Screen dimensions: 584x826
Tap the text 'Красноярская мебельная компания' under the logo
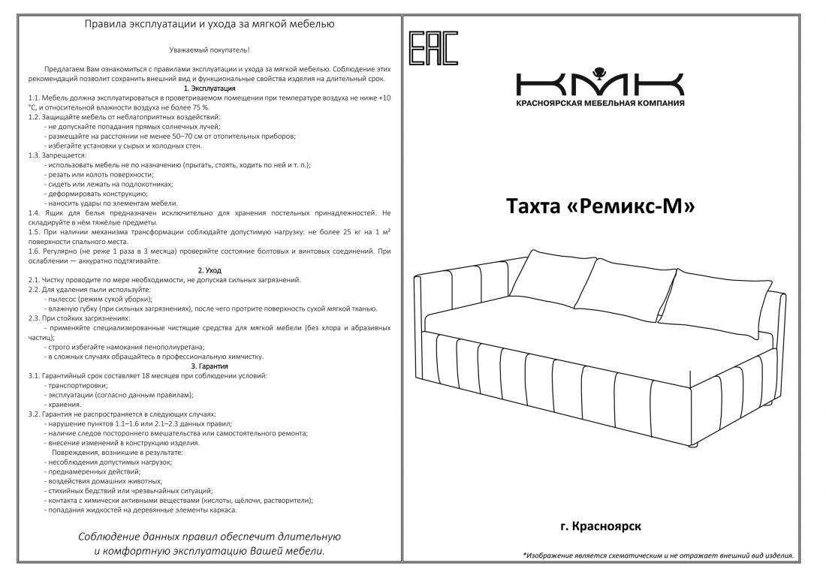(x=600, y=103)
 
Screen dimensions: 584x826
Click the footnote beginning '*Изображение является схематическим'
(x=658, y=555)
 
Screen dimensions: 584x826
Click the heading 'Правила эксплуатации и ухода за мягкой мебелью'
(x=210, y=24)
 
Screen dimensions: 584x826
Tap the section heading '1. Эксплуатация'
(x=210, y=88)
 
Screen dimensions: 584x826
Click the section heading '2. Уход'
(x=210, y=269)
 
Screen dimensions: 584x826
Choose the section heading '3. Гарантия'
(x=210, y=366)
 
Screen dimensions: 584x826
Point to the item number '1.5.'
(x=35, y=233)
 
